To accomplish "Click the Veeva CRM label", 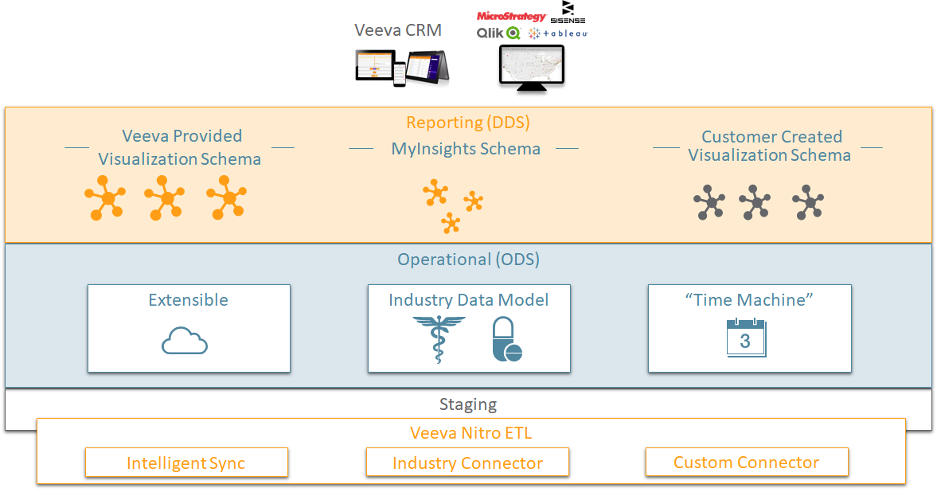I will [397, 30].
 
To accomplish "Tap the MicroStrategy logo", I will [511, 16].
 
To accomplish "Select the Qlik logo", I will [498, 33].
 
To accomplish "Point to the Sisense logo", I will [568, 13].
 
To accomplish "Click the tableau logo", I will [558, 33].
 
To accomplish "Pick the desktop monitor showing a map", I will [532, 66].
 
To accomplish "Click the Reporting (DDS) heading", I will [468, 123].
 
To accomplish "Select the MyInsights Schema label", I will [466, 149].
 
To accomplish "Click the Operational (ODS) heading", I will [468, 260].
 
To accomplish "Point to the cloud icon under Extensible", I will [185, 342].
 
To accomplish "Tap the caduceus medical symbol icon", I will [438, 339].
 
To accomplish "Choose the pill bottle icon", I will [506, 340].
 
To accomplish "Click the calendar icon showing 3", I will [746, 338].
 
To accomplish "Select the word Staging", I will [468, 404].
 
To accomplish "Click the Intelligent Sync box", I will [186, 463].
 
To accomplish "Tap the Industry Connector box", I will [467, 463].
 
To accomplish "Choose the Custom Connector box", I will [747, 462].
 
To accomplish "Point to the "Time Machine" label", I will [749, 300].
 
